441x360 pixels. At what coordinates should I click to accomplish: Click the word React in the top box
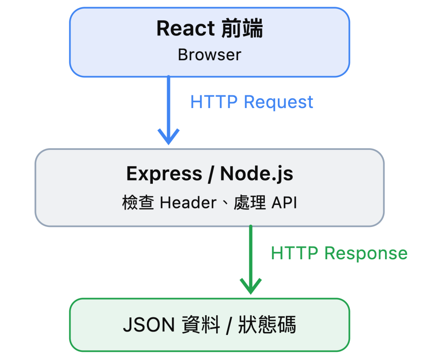[186, 28]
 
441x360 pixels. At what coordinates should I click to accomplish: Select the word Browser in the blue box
[210, 55]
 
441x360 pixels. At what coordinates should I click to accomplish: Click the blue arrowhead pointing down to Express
[168, 137]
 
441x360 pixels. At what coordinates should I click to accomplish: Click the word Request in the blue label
[279, 102]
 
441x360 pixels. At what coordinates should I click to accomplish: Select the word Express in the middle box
[164, 174]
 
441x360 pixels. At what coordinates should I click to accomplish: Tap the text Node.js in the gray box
[257, 174]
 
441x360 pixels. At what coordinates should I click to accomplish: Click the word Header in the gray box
[188, 202]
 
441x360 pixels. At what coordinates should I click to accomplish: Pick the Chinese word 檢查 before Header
[138, 202]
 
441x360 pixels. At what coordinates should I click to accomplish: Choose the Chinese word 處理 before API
[250, 202]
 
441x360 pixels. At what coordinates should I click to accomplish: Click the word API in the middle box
[284, 202]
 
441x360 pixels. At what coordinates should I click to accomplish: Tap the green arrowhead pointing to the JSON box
[251, 286]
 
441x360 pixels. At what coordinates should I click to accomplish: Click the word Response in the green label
[366, 253]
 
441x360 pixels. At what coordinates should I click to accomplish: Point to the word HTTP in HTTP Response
[295, 253]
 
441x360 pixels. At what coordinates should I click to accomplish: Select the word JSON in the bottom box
[149, 325]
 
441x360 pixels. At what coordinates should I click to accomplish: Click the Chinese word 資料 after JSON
[201, 325]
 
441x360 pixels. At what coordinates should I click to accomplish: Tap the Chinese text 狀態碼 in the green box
[267, 325]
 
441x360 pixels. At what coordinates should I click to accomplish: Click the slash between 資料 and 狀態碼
[229, 326]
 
